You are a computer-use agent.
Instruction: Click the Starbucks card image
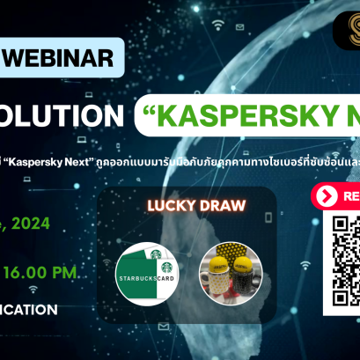click(151, 268)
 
